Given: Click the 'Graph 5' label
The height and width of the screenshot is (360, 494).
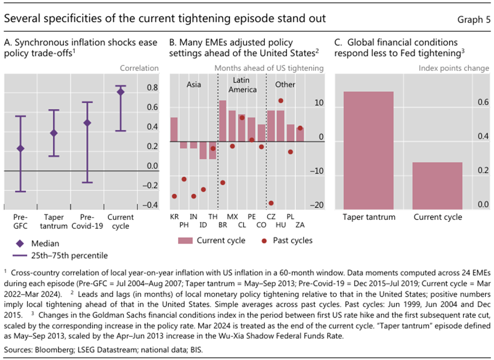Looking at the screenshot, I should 473,19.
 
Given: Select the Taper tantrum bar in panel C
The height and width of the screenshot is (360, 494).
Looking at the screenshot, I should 368,150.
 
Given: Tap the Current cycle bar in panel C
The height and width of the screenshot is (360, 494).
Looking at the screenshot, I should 438,185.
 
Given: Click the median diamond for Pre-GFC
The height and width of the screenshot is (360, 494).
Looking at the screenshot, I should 20,149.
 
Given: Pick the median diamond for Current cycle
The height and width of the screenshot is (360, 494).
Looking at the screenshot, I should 120,92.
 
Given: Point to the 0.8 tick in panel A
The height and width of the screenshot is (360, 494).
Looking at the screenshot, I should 152,87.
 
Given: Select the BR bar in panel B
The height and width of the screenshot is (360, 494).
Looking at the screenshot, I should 223,121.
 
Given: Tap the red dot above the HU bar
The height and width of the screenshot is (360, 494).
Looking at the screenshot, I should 281,101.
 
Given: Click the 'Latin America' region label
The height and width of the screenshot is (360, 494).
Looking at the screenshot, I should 242,85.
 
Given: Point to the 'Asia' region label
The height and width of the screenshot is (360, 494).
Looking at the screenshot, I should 194,85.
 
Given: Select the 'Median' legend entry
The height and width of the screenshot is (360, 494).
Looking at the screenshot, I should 43,243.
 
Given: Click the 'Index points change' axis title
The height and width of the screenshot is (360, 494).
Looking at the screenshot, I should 454,68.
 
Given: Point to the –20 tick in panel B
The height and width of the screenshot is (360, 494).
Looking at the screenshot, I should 318,205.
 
